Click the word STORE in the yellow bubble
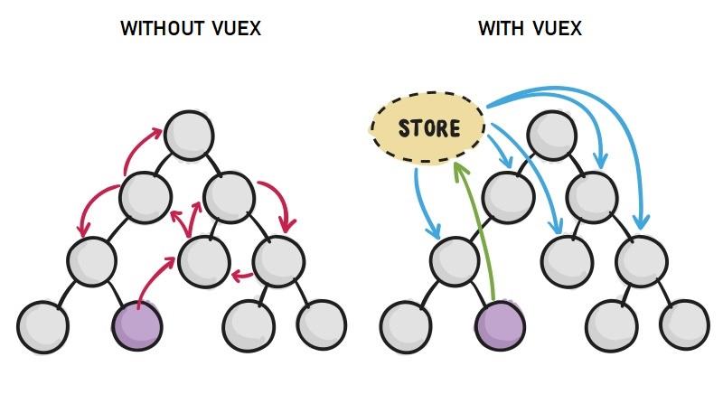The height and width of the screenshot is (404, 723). [x=428, y=128]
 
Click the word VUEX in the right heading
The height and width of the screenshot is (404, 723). [x=558, y=29]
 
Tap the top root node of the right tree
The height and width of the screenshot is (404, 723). [x=552, y=133]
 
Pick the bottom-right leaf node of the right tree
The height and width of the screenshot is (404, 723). [x=683, y=324]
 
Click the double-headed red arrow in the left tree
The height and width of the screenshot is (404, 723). [x=190, y=219]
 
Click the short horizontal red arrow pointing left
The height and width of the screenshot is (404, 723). [x=242, y=274]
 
